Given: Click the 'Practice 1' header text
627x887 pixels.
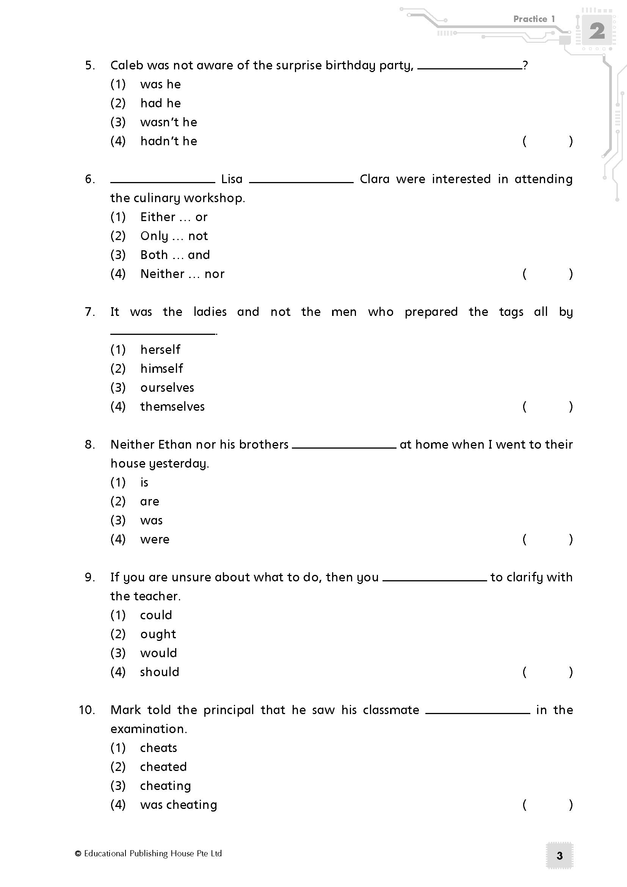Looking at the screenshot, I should coord(534,19).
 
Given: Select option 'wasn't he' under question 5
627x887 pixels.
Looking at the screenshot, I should coord(169,122).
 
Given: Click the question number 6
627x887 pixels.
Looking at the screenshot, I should coord(89,179).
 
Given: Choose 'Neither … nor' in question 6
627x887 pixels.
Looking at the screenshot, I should coord(182,274).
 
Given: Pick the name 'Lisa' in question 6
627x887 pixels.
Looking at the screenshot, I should coord(232,179).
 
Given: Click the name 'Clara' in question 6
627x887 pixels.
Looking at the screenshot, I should coord(375,179).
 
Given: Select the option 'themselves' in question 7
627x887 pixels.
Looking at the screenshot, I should coord(172,407).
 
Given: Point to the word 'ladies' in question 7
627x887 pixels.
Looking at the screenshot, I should coord(210,312).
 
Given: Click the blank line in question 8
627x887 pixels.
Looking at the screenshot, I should coord(344,447).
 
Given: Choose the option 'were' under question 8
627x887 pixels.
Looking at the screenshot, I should coord(155,539).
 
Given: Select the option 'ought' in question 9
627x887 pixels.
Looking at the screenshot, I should coord(158,634).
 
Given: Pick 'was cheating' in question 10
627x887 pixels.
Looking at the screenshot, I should coord(179,805).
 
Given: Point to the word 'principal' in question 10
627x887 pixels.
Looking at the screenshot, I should coord(229,710).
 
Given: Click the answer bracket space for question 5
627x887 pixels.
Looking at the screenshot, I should coord(547,141).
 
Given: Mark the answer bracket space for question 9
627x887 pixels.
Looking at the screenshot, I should coord(547,672).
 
